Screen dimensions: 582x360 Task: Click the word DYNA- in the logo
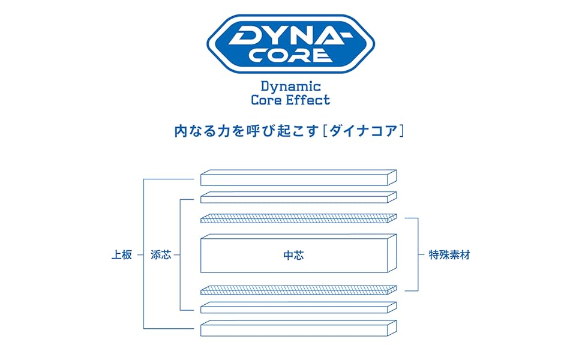click(x=291, y=35)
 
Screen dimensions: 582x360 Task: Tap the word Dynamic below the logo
click(x=291, y=86)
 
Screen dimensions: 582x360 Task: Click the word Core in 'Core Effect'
click(x=266, y=100)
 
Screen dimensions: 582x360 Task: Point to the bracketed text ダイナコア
click(x=363, y=130)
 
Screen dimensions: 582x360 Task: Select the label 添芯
click(x=161, y=254)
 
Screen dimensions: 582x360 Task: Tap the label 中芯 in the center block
click(x=293, y=255)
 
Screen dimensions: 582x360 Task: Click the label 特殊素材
click(x=449, y=254)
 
